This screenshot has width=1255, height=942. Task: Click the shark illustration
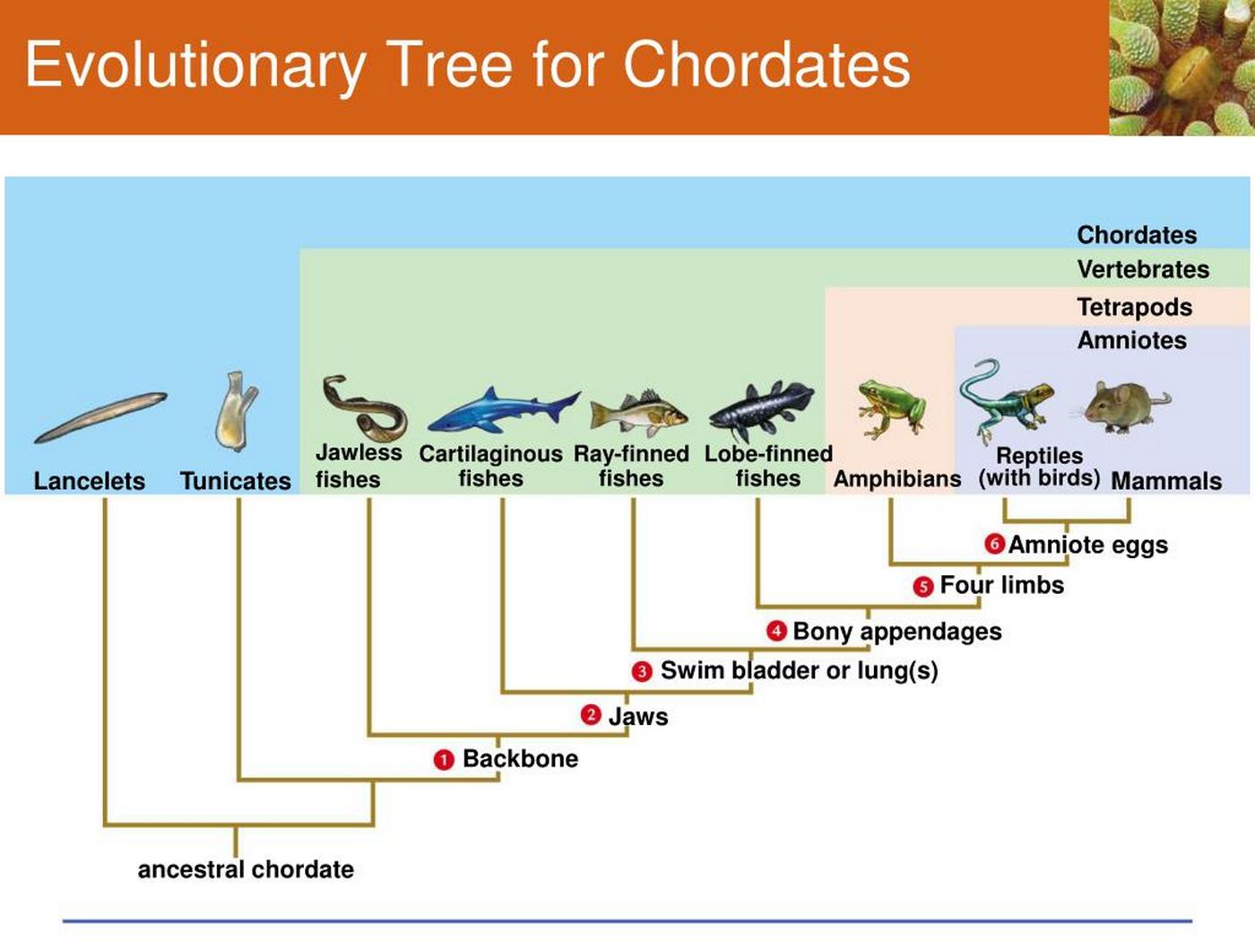pyautogui.click(x=502, y=411)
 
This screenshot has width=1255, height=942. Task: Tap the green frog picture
pyautogui.click(x=889, y=407)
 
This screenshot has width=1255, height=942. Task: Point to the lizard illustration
pyautogui.click(x=1006, y=400)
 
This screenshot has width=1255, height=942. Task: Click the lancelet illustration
pyautogui.click(x=100, y=417)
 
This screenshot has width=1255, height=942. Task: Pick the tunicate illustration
pyautogui.click(x=236, y=411)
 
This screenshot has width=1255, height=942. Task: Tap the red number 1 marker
pyautogui.click(x=444, y=760)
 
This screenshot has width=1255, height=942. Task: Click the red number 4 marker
pyautogui.click(x=776, y=631)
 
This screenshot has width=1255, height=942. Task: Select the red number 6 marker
pyautogui.click(x=993, y=544)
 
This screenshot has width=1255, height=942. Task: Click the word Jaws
pyautogui.click(x=638, y=717)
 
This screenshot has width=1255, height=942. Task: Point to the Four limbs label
pyautogui.click(x=1001, y=585)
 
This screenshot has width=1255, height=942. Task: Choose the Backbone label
pyautogui.click(x=520, y=759)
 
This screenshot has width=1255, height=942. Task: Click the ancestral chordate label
pyautogui.click(x=246, y=869)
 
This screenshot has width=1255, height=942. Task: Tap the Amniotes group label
pyautogui.click(x=1131, y=341)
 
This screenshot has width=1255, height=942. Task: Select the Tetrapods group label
pyautogui.click(x=1134, y=308)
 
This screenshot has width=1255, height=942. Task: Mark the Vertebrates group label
pyautogui.click(x=1143, y=269)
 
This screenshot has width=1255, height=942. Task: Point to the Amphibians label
pyautogui.click(x=896, y=479)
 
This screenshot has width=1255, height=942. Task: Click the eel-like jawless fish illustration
pyautogui.click(x=363, y=406)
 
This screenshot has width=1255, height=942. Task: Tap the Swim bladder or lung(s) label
pyautogui.click(x=799, y=671)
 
